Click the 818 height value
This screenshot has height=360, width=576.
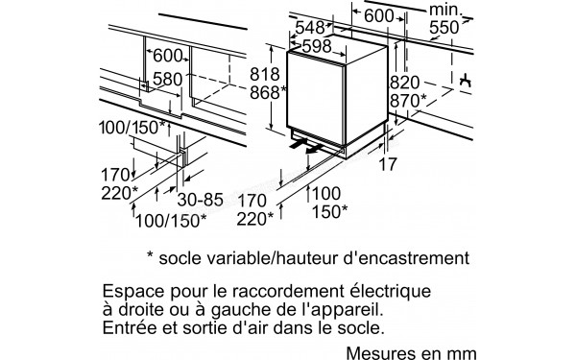click(266, 73)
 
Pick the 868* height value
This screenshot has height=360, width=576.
click(269, 92)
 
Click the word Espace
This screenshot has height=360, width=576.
click(131, 289)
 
